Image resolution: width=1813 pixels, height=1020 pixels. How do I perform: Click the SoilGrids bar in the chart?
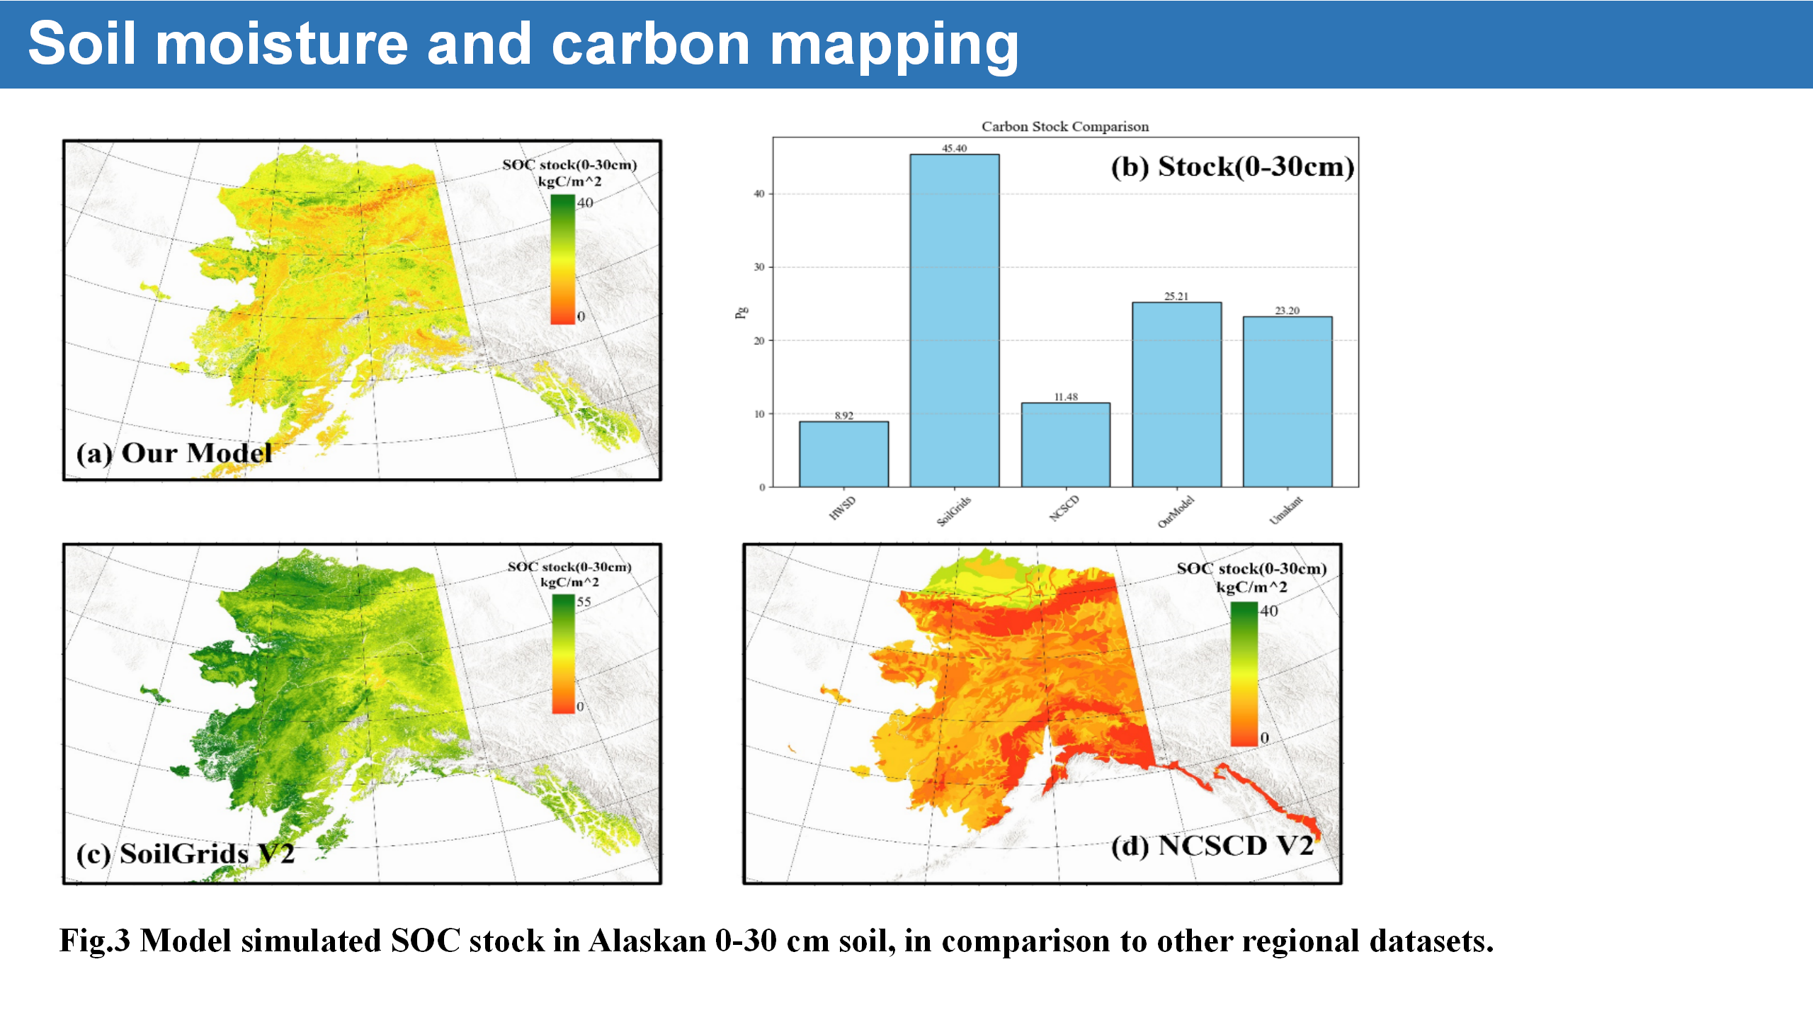tap(954, 320)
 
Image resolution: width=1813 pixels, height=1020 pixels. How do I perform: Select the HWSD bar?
tap(843, 454)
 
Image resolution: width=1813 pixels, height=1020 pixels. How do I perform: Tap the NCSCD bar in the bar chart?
tap(1065, 445)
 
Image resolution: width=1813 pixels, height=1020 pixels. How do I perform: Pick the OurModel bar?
tap(1176, 395)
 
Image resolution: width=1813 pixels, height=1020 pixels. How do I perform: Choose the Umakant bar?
tap(1288, 402)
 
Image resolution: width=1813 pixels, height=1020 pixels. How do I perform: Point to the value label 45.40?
tap(954, 148)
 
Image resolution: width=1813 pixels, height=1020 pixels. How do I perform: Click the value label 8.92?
tap(843, 416)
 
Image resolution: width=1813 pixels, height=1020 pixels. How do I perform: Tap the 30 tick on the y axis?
tap(759, 267)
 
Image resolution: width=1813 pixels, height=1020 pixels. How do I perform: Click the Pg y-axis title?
tap(741, 312)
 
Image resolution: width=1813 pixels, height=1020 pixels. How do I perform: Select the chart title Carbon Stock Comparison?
tap(1065, 127)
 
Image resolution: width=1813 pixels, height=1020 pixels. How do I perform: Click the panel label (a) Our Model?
tap(174, 453)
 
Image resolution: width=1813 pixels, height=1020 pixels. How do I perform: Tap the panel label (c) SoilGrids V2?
tap(185, 854)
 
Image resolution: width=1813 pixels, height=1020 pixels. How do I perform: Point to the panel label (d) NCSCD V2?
tap(1212, 846)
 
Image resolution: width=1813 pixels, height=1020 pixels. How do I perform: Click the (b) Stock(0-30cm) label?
tap(1232, 167)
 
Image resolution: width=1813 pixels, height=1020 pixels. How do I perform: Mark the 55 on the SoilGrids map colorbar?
tap(584, 601)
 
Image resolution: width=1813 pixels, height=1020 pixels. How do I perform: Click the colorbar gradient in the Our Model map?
tap(563, 259)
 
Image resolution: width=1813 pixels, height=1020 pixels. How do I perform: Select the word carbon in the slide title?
tap(650, 44)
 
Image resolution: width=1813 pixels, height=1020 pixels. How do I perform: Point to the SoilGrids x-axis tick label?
tap(954, 511)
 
